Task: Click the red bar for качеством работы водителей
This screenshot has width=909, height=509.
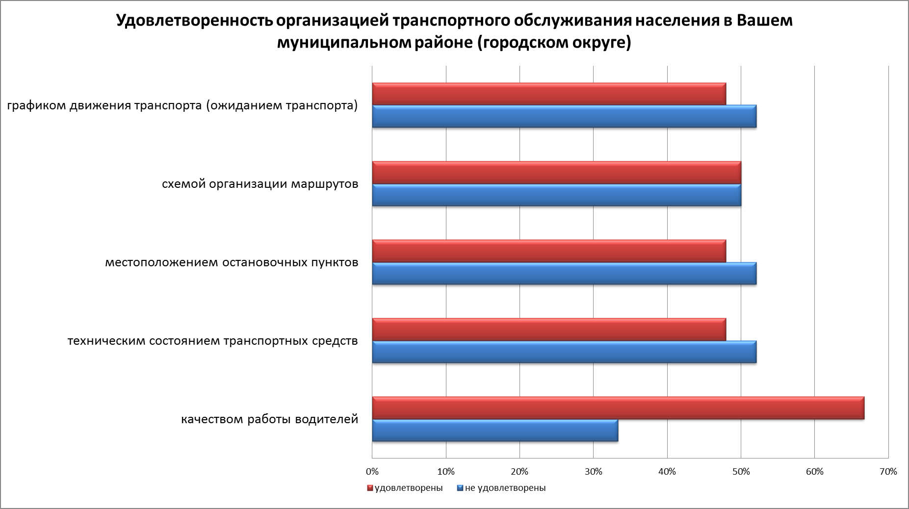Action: click(x=618, y=408)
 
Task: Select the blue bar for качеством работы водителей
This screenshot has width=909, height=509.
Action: click(x=495, y=431)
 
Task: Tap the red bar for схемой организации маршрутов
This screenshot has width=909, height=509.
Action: click(x=556, y=173)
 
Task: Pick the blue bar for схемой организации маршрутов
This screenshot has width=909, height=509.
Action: click(x=556, y=195)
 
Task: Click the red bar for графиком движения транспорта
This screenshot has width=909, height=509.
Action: click(x=549, y=94)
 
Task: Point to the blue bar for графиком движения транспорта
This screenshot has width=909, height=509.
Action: click(x=564, y=117)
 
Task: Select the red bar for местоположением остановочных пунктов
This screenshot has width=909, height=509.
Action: click(x=549, y=251)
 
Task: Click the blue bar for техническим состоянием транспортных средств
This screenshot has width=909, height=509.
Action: click(x=564, y=352)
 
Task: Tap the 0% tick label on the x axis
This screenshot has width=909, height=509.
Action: click(x=372, y=472)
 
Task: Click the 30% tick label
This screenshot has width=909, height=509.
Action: click(x=594, y=472)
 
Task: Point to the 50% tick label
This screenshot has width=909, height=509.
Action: click(x=741, y=472)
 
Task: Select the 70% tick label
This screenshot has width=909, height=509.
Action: click(x=888, y=472)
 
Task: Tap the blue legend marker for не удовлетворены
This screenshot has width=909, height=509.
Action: click(x=460, y=488)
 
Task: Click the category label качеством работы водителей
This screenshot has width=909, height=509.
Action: click(x=270, y=420)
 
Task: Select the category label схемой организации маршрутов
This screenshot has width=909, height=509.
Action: click(x=260, y=184)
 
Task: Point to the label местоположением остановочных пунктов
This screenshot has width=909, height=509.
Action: click(x=232, y=263)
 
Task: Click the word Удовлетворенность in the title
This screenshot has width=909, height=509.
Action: click(x=194, y=22)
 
